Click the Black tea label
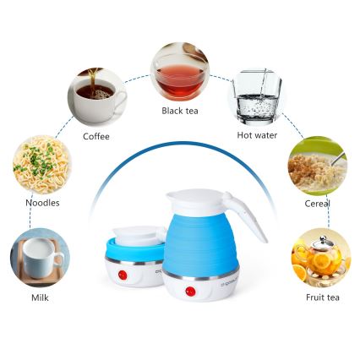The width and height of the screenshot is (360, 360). coord(179,111)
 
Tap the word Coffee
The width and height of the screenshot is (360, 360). coord(96,136)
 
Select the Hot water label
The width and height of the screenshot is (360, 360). coord(257,135)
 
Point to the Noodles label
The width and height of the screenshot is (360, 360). coord(42,203)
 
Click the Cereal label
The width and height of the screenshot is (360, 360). coord(317,204)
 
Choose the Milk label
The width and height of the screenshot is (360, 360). coord(40,297)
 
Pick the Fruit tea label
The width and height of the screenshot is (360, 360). coord(322,297)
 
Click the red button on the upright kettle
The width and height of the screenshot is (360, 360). coord(190,291)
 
